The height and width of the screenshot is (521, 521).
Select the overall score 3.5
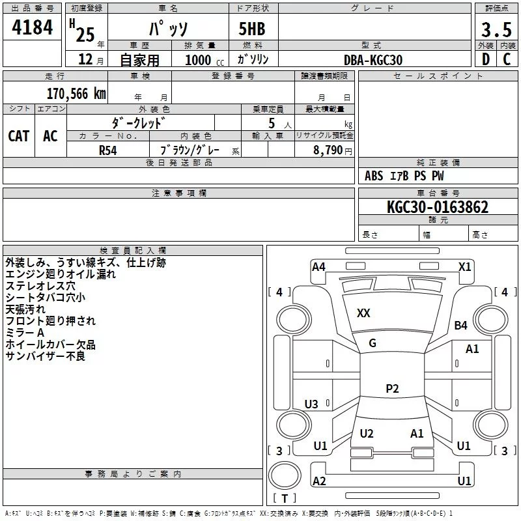pyautogui.click(x=496, y=30)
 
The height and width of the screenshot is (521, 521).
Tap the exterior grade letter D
pyautogui.click(x=485, y=59)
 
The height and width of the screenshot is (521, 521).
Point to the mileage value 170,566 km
pyautogui.click(x=76, y=93)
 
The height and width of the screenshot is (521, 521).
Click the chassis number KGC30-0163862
pyautogui.click(x=437, y=207)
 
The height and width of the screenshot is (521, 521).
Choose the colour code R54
pyautogui.click(x=108, y=150)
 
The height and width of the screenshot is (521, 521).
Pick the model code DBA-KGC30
pyautogui.click(x=373, y=60)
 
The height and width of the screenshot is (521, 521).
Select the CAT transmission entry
pyautogui.click(x=18, y=135)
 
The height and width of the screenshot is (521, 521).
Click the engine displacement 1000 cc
pyautogui.click(x=198, y=60)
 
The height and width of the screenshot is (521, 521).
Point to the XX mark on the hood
pyautogui.click(x=363, y=313)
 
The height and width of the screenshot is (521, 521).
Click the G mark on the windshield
pyautogui.click(x=373, y=343)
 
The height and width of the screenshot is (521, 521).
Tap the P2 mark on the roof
pyautogui.click(x=392, y=389)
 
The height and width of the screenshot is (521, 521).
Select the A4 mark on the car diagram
pyautogui.click(x=318, y=266)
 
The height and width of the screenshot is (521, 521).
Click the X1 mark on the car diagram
pyautogui.click(x=464, y=266)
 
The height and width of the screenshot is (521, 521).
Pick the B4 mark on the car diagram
pyautogui.click(x=461, y=326)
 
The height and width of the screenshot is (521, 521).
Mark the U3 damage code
pyautogui.click(x=311, y=404)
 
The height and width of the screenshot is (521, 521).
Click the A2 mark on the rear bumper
pyautogui.click(x=319, y=481)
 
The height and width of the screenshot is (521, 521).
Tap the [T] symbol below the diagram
pyautogui.click(x=284, y=499)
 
